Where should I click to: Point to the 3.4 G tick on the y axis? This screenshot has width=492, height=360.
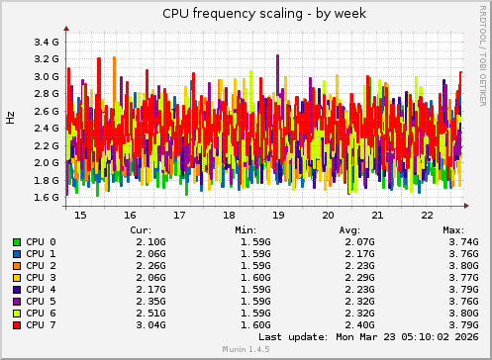[47, 43]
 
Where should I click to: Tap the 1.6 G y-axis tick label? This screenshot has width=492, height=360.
[47, 198]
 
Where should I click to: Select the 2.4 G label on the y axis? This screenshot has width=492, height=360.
[47, 129]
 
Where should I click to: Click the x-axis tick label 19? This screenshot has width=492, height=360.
[278, 215]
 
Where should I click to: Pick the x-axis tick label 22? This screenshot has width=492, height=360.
[427, 215]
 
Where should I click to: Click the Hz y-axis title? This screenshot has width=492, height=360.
[11, 118]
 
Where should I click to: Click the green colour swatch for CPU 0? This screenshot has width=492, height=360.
[17, 242]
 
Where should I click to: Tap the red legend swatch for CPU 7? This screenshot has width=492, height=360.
[17, 325]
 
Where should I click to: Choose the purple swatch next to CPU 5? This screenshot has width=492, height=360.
[17, 302]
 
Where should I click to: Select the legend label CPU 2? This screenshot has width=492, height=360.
[40, 266]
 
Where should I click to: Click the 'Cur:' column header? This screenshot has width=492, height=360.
[142, 229]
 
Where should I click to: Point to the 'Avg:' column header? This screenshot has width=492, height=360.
[349, 229]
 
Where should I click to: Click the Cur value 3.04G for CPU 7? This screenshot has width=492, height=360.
[149, 325]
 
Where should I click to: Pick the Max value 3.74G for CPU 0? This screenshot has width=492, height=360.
[462, 242]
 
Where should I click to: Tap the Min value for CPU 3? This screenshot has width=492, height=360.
[255, 278]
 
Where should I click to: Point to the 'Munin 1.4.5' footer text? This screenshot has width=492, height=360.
[246, 351]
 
